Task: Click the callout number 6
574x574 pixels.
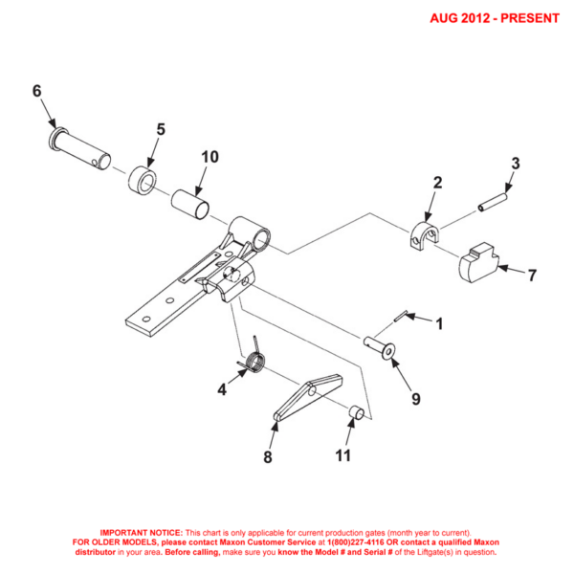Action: [37, 92]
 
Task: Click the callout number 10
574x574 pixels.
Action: [210, 157]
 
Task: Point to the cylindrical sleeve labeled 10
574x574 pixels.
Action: [188, 203]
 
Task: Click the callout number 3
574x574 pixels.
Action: [514, 164]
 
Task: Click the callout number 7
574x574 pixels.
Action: [532, 276]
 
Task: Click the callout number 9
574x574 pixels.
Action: [415, 395]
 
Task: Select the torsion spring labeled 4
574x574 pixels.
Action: [254, 361]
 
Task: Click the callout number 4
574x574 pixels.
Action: [221, 389]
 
